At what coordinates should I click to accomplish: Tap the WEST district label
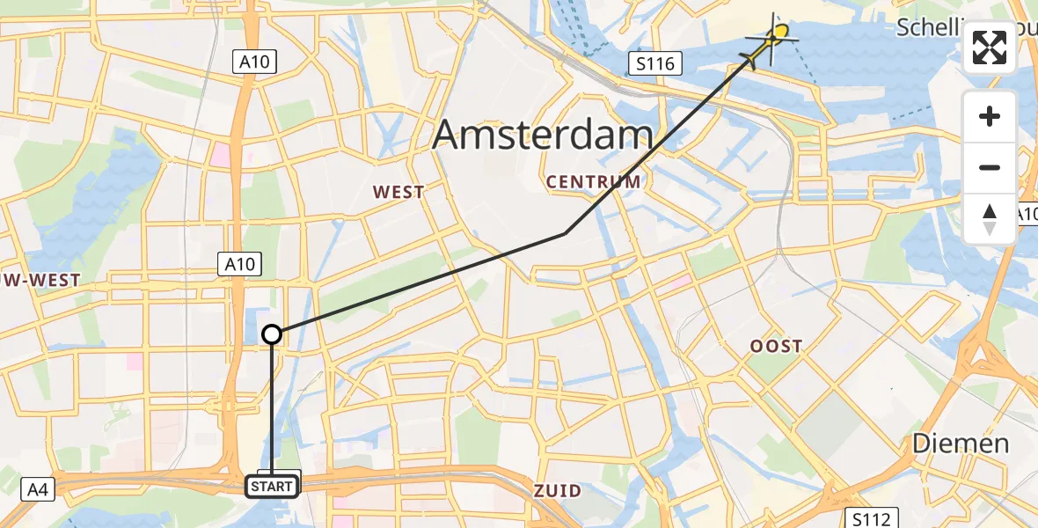click(398, 192)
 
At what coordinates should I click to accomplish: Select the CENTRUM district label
click(593, 182)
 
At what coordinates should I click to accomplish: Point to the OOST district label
click(776, 346)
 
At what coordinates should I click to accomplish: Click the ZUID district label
click(557, 490)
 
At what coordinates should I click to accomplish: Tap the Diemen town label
click(960, 443)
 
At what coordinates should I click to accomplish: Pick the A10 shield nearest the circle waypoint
click(238, 263)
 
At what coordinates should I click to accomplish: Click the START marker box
click(272, 487)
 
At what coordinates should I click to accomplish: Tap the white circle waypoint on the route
click(272, 334)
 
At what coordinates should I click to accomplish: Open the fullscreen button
click(990, 48)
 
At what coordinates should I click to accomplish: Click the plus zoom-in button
click(990, 116)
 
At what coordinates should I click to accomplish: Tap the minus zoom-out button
click(990, 167)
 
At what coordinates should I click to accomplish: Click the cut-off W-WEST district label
click(40, 280)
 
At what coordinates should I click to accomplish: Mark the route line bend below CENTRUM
click(565, 233)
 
